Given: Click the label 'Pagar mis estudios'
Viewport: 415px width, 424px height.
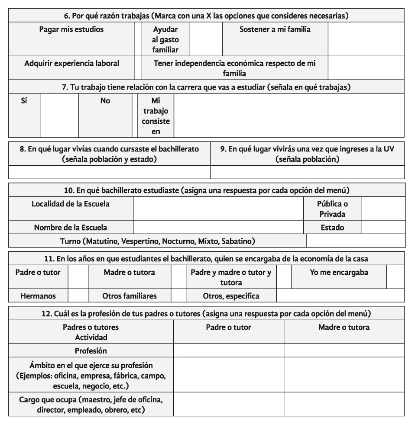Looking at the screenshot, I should (71, 30).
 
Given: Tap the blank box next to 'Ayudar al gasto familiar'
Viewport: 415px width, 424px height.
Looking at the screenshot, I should (206, 39).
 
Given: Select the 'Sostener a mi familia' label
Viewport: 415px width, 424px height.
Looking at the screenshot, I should (275, 30).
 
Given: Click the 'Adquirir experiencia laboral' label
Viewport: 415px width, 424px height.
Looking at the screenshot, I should (71, 63).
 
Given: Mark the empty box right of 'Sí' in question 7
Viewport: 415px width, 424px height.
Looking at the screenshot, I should (59, 115).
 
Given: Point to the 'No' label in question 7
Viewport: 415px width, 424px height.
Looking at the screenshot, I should (105, 101).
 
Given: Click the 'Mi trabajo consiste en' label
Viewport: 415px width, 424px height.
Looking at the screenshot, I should (156, 115).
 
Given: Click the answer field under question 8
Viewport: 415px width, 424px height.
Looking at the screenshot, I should (109, 172).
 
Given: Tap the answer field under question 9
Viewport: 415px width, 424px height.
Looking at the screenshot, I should (307, 172).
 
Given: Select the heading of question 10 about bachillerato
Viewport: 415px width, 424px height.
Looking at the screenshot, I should (207, 190).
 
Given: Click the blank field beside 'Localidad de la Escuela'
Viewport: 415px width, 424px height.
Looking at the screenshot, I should (219, 209).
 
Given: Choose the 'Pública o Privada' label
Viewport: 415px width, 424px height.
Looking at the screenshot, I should (332, 209).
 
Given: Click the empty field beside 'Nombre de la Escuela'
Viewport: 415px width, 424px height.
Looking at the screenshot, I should (219, 227).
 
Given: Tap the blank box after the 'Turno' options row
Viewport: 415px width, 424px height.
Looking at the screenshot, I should (356, 240).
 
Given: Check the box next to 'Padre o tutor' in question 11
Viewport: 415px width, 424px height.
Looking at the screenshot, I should (78, 277).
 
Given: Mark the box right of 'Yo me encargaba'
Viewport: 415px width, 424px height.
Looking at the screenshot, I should (395, 277).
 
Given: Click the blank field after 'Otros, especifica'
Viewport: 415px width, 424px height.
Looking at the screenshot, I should (340, 296).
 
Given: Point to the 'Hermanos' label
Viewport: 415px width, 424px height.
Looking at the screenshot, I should (38, 296).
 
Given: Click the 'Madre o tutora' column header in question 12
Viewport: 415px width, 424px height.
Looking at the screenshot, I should (344, 328).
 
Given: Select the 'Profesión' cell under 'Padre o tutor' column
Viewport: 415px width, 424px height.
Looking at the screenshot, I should (229, 350).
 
